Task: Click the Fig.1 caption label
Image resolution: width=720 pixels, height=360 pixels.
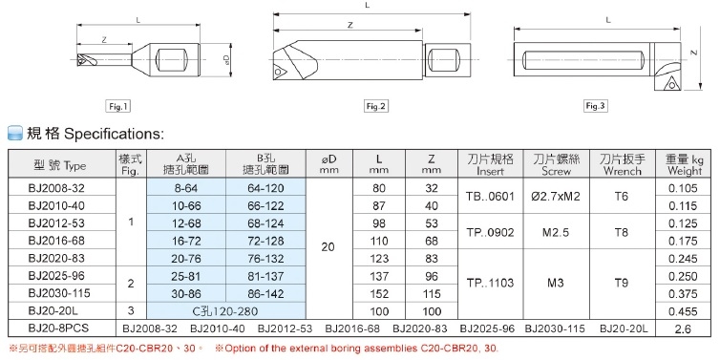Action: pos(117,107)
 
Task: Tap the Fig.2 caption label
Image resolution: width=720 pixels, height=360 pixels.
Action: pos(376,107)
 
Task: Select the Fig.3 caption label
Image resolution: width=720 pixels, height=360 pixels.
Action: pos(596,106)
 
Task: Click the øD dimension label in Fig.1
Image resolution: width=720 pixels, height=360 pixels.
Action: pos(226,59)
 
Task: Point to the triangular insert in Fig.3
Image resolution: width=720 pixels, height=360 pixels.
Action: pos(671,83)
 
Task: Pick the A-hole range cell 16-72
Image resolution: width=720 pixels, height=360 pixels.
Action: pos(186,241)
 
